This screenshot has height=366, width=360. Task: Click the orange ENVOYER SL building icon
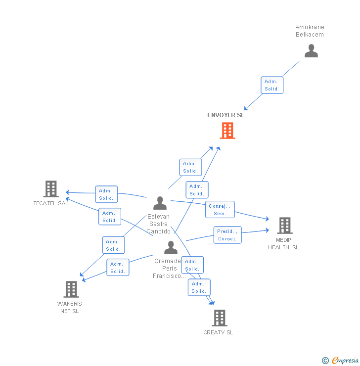(227, 131)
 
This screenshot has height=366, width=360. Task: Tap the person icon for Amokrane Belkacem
(311, 51)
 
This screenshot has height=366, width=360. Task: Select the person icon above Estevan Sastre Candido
(160, 203)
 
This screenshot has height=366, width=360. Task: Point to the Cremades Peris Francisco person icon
(171, 247)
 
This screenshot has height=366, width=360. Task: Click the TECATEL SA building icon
(51, 189)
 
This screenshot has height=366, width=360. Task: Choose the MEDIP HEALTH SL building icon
(284, 226)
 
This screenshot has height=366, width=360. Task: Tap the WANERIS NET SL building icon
(71, 289)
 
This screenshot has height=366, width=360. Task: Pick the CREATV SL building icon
(219, 318)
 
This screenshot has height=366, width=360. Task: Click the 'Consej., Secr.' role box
(220, 210)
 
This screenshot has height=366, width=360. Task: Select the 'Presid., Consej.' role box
(227, 235)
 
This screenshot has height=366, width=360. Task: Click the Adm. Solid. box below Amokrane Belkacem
(272, 85)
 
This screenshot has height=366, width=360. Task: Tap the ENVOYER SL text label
(225, 115)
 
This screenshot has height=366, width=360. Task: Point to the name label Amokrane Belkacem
(310, 31)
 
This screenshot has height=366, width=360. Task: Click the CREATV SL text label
(218, 332)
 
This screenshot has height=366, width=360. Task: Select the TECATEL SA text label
(49, 203)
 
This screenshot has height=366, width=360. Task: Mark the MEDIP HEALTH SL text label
(283, 244)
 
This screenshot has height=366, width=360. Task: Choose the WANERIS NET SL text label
(70, 307)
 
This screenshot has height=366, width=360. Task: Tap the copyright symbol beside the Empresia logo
(325, 361)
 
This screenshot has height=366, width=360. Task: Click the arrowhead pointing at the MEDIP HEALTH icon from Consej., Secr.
(267, 219)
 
